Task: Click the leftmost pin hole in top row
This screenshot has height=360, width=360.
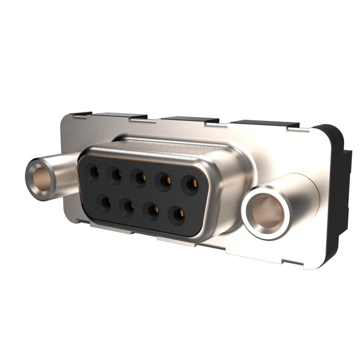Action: (94, 172)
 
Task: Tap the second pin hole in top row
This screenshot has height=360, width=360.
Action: (117, 174)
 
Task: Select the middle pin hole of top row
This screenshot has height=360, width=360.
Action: (140, 178)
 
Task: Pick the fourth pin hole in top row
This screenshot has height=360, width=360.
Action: (165, 181)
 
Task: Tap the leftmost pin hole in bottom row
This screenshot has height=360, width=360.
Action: (105, 203)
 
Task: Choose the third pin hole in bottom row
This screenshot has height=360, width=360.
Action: (153, 210)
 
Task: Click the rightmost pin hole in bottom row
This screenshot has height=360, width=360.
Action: (179, 214)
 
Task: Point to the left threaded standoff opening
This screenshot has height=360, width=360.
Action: (41, 179)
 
